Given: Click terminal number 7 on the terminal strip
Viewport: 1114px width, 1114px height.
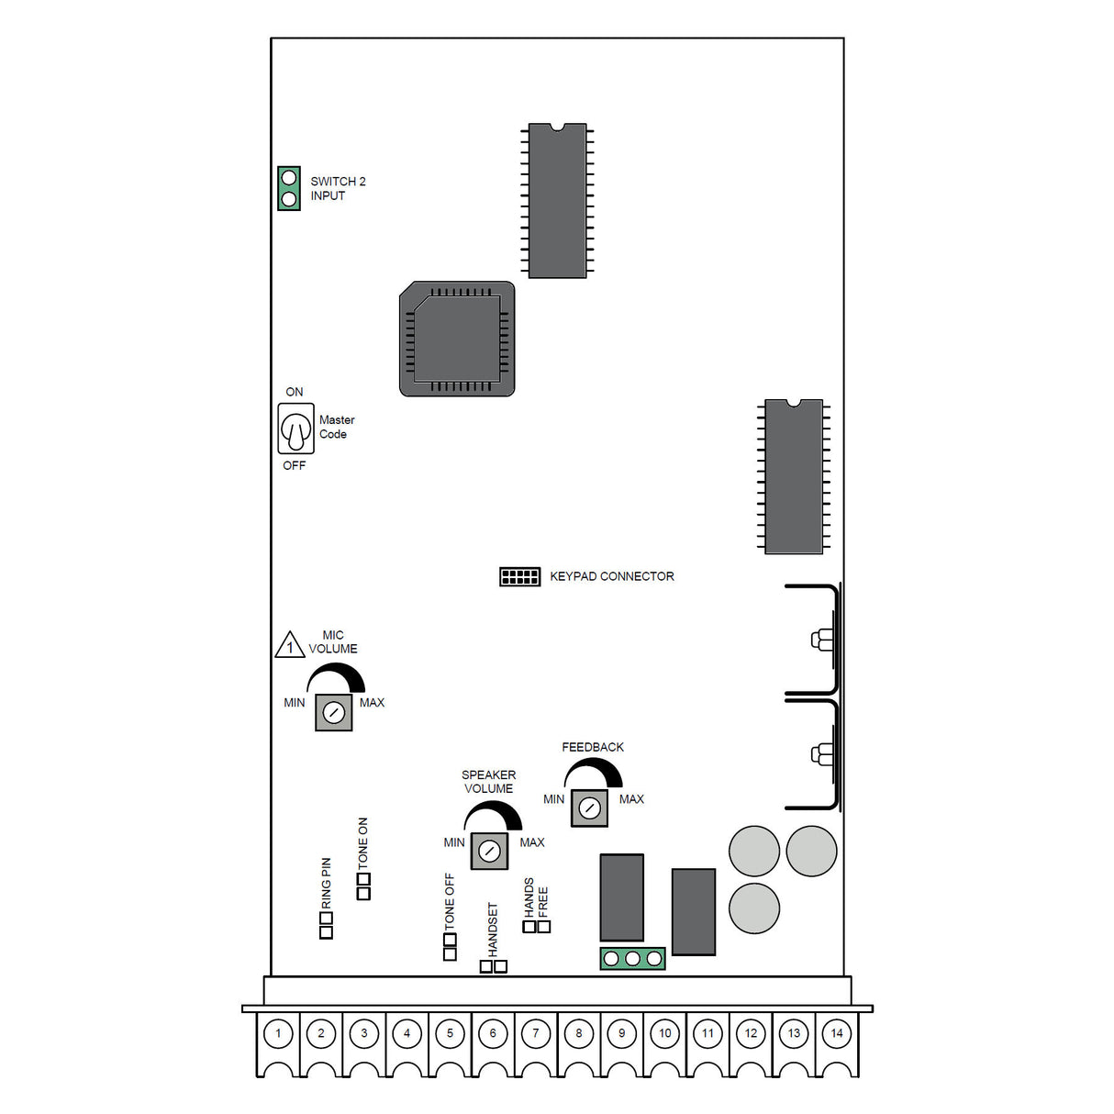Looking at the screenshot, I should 536,1033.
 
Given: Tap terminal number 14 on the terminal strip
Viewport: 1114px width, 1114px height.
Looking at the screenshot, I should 837,1033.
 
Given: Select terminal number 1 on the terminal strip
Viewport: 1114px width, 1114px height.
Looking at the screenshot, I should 278,1033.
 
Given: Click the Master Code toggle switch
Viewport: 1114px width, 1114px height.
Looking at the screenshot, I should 295,429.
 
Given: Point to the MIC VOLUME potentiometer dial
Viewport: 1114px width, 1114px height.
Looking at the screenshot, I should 334,712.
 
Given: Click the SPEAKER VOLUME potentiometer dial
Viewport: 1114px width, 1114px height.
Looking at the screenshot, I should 489,852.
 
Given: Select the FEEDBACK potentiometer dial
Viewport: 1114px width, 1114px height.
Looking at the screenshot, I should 589,808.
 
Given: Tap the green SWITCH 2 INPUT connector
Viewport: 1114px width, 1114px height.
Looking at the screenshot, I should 289,188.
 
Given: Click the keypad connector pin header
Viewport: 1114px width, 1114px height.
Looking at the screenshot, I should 519,576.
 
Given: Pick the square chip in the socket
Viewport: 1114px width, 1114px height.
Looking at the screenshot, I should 457,340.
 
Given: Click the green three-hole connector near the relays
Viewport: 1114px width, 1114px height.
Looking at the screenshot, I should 632,959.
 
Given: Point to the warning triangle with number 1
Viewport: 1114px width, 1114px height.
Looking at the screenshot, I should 290,645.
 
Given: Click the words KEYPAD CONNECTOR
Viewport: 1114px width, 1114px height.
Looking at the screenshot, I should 611,576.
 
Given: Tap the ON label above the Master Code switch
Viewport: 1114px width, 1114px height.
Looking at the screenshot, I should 294,392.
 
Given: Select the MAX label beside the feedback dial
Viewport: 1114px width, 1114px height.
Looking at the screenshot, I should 631,799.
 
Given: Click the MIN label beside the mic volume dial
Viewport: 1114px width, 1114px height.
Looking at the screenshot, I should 294,703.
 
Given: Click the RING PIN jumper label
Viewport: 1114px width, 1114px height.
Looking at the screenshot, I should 326,883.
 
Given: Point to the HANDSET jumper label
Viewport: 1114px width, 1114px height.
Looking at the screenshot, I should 493,929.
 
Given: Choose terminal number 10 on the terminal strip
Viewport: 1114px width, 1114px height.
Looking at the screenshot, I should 665,1033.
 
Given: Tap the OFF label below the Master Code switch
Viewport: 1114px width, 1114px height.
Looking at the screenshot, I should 294,465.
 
